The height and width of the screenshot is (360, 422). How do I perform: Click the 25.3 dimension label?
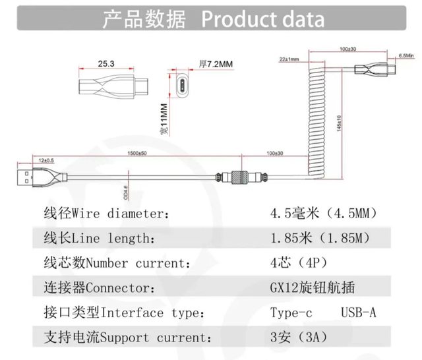tap(106, 64)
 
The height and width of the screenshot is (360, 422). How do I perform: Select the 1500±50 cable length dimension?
tap(137, 153)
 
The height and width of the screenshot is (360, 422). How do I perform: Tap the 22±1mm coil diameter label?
tap(289, 59)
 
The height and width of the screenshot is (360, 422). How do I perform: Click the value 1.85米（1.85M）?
tap(319, 238)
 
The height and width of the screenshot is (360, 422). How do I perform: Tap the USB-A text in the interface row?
tap(358, 313)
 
